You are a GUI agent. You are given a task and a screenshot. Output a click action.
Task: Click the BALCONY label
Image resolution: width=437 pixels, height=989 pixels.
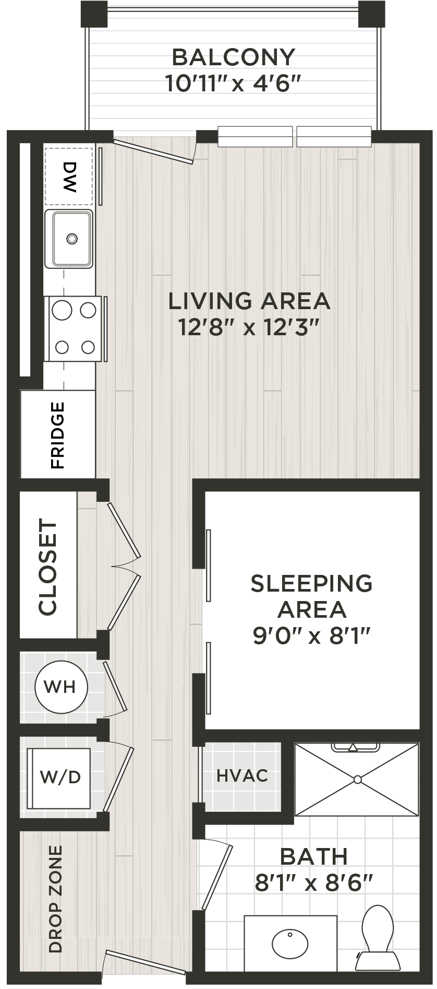(233, 57)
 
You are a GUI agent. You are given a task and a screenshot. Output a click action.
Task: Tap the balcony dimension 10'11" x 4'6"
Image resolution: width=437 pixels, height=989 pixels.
(233, 84)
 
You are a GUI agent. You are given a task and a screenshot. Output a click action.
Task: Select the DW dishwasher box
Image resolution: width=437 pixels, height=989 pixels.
(69, 176)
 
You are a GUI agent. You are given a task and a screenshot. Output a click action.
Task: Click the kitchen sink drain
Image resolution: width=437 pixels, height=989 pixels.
(71, 239)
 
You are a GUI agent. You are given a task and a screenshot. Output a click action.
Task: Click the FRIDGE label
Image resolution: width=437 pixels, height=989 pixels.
(57, 434)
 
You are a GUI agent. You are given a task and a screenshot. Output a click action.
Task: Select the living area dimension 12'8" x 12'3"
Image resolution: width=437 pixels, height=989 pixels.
(249, 328)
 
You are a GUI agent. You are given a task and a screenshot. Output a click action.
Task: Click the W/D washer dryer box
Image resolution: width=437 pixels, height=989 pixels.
(59, 777)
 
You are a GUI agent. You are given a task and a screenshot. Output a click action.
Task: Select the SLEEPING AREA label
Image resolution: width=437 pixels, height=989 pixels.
(311, 596)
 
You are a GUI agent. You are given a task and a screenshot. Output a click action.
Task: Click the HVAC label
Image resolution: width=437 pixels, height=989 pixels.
(242, 775)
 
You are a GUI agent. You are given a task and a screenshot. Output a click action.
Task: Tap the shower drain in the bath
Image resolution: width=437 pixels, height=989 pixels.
(357, 780)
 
